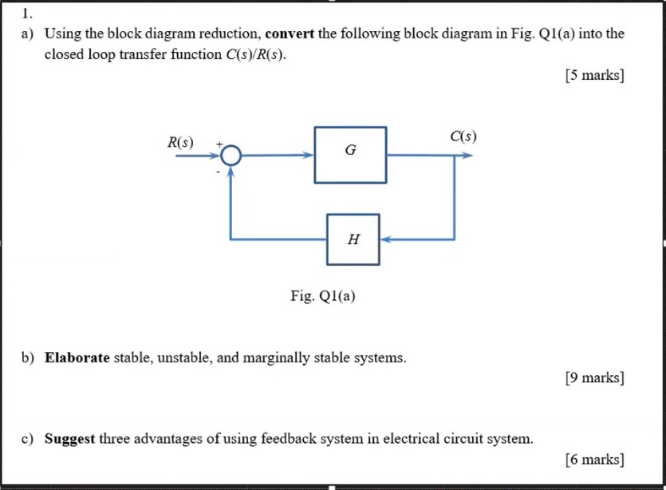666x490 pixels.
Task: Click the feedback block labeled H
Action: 353,239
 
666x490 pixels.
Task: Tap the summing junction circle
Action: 231,156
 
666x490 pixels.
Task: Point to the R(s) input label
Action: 180,143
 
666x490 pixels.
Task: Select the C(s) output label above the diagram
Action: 463,136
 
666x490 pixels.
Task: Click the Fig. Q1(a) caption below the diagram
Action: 323,296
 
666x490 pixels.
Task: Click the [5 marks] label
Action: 594,76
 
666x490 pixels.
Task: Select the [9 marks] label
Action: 594,377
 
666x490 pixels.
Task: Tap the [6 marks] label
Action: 594,459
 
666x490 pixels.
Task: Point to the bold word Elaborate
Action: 77,358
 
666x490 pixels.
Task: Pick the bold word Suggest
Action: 70,439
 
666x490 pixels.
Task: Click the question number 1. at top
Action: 28,13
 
